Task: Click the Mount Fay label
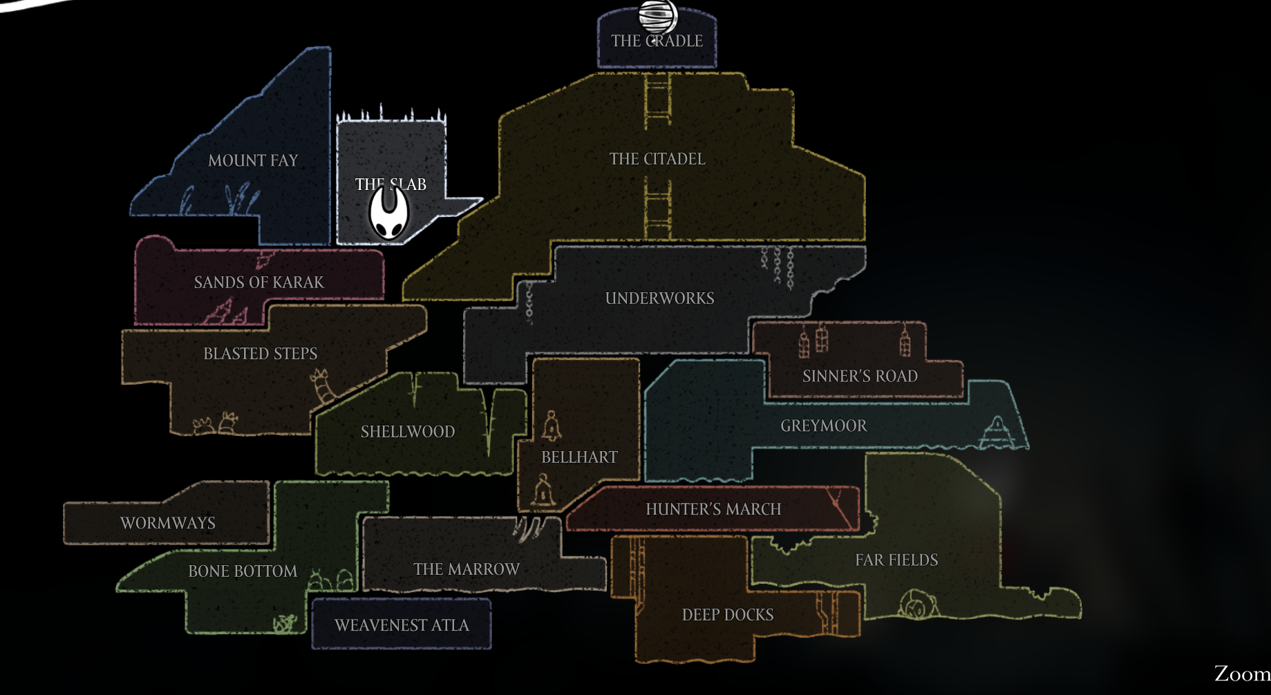pyautogui.click(x=253, y=160)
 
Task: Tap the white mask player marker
pyautogui.click(x=388, y=213)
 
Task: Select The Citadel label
pyautogui.click(x=657, y=159)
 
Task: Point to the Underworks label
pyautogui.click(x=659, y=298)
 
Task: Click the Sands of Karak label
pyautogui.click(x=258, y=283)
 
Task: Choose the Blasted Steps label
pyautogui.click(x=260, y=354)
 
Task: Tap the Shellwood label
pyautogui.click(x=408, y=432)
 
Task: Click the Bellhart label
pyautogui.click(x=579, y=457)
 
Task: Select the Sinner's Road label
pyautogui.click(x=860, y=377)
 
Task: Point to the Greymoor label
pyautogui.click(x=823, y=426)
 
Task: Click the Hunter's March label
pyautogui.click(x=713, y=509)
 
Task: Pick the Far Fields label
pyautogui.click(x=896, y=560)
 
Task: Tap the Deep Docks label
pyautogui.click(x=727, y=615)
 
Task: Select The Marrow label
pyautogui.click(x=467, y=569)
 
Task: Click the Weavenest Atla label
pyautogui.click(x=402, y=625)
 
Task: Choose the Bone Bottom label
pyautogui.click(x=243, y=571)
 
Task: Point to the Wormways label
pyautogui.click(x=168, y=523)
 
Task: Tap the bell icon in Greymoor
pyautogui.click(x=997, y=431)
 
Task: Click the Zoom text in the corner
pyautogui.click(x=1242, y=674)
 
